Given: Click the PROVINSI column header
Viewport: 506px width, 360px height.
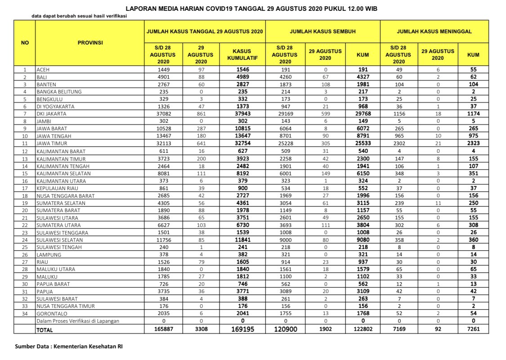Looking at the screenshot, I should point(90,43).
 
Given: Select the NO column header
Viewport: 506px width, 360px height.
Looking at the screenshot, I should point(25,43).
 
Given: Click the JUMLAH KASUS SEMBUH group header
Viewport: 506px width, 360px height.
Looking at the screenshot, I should point(322,32).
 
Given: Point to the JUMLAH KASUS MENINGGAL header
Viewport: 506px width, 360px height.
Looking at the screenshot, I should point(434,32).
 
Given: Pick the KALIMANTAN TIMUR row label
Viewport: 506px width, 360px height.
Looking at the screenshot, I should point(61,158).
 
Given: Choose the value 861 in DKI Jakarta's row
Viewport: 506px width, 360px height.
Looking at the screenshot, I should point(201,114).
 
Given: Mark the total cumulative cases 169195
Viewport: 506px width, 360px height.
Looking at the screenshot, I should point(242,329).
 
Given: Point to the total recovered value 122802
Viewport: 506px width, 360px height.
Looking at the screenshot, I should point(363,329).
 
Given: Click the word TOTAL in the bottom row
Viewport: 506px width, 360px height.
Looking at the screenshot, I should point(45,330).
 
